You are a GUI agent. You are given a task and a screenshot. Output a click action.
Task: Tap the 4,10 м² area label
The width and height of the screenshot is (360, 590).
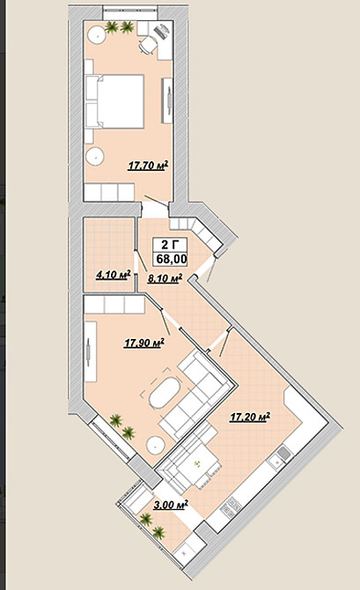pyautogui.click(x=113, y=274)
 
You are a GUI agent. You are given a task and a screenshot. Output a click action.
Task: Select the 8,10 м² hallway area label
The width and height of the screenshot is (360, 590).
pyautogui.click(x=165, y=278)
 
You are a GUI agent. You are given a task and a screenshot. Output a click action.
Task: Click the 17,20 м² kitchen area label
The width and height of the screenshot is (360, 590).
pyautogui.click(x=249, y=417)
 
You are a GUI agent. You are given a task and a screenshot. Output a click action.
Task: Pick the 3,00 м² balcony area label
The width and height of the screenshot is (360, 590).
pyautogui.click(x=170, y=505)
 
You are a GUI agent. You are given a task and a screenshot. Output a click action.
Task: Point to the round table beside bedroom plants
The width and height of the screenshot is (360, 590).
pyautogui.click(x=95, y=36)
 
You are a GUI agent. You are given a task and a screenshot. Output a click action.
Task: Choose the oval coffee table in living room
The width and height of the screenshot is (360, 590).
pyautogui.click(x=165, y=393)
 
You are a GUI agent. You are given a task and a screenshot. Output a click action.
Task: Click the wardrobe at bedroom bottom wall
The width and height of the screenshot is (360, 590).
pyautogui.click(x=108, y=192)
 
